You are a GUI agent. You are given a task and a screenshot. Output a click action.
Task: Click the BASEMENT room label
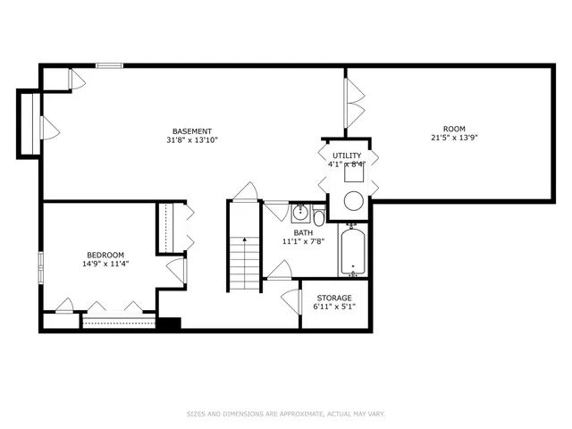192,130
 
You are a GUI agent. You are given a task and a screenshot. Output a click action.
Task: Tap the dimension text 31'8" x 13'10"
192,140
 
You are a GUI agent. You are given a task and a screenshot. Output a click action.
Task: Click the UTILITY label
347,156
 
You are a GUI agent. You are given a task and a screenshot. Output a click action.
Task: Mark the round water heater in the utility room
354,200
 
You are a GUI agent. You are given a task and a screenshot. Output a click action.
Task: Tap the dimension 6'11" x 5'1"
333,307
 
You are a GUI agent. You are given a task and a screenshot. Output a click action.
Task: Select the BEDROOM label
105,254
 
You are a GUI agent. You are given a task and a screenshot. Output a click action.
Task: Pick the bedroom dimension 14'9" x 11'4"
105,264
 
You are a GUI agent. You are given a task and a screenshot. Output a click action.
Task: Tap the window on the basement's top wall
110,64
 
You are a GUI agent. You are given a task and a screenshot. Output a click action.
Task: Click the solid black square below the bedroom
168,324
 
